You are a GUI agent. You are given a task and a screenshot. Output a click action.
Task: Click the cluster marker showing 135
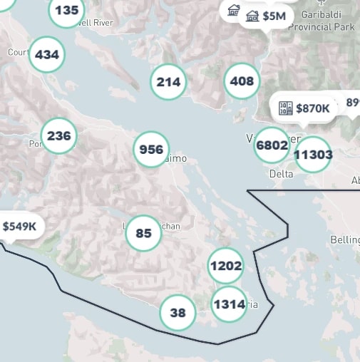tap(67, 11)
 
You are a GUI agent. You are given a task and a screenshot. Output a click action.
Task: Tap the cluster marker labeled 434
tap(47, 55)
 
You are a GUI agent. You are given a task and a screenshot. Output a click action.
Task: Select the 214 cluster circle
tap(168, 82)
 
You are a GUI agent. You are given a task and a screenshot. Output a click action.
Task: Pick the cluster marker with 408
tap(242, 81)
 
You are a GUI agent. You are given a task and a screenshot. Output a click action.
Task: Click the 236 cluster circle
tap(59, 136)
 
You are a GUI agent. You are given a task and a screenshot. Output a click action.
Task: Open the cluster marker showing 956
tap(151, 150)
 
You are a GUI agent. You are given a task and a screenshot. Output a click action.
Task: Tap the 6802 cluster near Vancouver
tap(272, 145)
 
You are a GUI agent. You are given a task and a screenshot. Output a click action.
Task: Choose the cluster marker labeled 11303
tap(313, 155)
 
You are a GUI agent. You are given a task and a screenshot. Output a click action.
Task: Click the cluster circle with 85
tap(143, 233)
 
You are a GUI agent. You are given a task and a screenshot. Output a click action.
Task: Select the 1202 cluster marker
tap(226, 267)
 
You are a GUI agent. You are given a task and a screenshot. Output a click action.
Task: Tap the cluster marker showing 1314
tap(229, 304)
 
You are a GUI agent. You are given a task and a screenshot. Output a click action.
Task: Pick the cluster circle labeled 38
tap(178, 313)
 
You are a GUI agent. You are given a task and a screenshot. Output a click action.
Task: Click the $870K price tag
tap(304, 108)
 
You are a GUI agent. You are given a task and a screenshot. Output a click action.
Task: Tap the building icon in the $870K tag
tap(286, 108)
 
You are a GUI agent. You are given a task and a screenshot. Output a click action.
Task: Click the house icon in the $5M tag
tap(252, 16)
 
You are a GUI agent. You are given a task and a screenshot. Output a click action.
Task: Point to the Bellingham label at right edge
tap(346, 239)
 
